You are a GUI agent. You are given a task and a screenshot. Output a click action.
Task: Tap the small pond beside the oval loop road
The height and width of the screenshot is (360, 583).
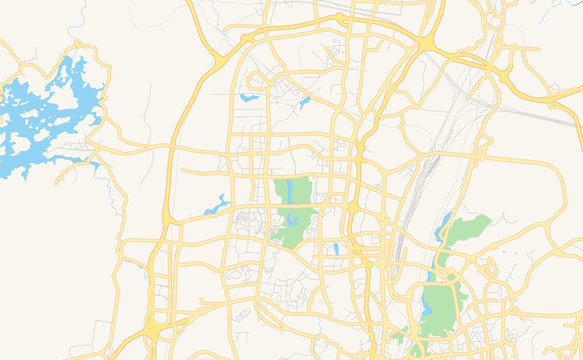[248, 97]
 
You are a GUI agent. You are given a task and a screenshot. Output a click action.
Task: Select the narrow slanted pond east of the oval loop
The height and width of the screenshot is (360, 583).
[304, 101]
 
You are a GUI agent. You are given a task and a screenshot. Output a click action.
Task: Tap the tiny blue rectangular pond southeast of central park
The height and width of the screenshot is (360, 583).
[336, 248]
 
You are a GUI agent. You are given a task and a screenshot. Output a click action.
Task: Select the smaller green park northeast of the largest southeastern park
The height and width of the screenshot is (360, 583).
[465, 230]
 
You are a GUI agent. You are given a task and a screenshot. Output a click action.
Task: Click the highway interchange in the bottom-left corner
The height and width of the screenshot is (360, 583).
[152, 328]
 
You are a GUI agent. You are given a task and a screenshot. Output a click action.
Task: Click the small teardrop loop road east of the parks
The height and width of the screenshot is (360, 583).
[491, 270]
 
